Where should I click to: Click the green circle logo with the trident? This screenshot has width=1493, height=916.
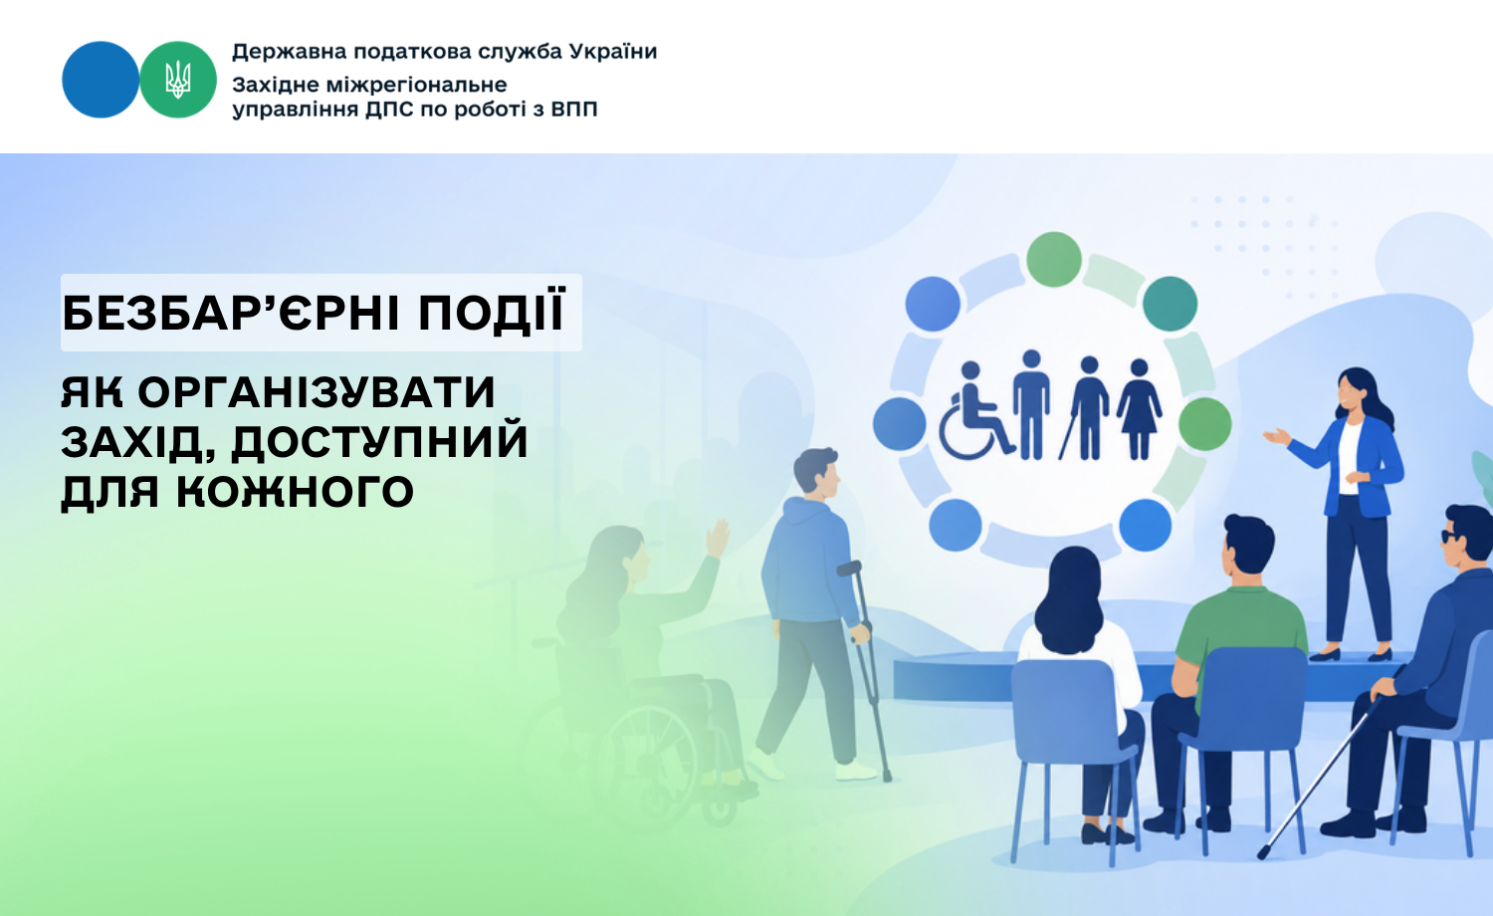178,80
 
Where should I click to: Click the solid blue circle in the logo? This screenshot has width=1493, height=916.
101,80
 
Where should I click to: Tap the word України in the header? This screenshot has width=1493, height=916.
613,52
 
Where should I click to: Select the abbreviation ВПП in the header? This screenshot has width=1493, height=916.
574,109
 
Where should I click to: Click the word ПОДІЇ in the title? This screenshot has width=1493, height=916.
493,312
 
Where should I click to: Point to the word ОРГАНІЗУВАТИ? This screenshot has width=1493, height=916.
317,392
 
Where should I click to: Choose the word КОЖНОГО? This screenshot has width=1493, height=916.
295,492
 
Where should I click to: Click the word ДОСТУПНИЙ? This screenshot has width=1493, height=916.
379,443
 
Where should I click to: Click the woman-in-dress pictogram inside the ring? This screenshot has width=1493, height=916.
1139,409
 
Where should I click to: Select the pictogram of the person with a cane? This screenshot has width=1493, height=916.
1085,408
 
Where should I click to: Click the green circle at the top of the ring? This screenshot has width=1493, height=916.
1054,259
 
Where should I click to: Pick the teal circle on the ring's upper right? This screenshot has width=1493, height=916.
1170,304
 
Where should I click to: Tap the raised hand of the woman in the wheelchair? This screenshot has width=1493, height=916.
718,539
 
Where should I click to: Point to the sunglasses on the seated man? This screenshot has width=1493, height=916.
1450,537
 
